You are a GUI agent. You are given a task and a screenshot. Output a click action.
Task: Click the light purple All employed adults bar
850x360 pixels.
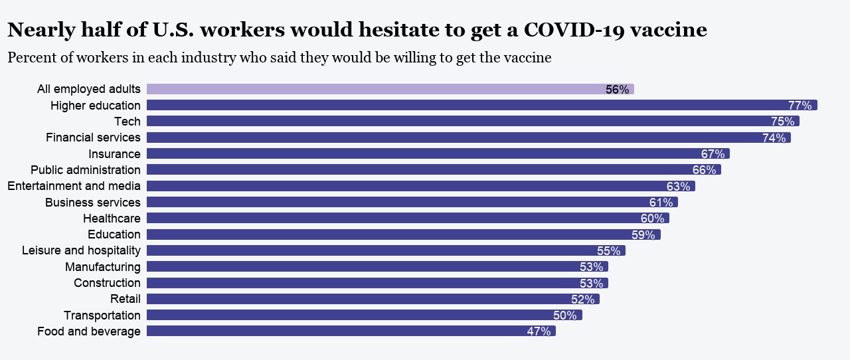tap(372, 89)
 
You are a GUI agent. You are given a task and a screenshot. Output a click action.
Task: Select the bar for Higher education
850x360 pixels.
tap(465, 105)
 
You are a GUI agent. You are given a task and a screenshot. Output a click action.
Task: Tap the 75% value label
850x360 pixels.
tap(782, 122)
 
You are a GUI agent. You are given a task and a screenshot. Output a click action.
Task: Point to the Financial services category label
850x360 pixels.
tap(93, 137)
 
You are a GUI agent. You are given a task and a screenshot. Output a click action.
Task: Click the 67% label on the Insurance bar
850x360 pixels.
tap(713, 154)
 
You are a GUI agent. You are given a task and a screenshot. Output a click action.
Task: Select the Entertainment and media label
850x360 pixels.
tap(74, 186)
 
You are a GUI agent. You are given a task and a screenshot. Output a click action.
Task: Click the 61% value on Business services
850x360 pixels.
tap(661, 203)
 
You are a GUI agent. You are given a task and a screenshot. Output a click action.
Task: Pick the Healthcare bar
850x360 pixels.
tap(398, 218)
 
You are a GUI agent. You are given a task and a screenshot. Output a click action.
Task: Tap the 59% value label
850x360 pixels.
tap(643, 235)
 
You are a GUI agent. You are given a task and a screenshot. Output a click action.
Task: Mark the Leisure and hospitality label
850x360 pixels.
tap(81, 250)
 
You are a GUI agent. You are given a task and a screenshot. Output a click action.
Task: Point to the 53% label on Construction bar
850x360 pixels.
tap(591, 284)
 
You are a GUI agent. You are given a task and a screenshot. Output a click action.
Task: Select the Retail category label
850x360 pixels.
tap(126, 299)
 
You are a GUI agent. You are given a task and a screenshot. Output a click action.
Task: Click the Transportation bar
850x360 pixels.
tap(359, 315)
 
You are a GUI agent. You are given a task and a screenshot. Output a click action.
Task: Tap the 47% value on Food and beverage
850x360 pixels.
tap(539, 331)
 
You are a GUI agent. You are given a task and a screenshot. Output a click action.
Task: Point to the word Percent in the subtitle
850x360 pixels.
tap(31, 58)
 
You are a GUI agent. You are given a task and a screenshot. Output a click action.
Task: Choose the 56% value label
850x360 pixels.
tap(617, 90)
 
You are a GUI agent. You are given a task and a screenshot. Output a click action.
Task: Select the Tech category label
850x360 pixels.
tap(127, 122)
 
